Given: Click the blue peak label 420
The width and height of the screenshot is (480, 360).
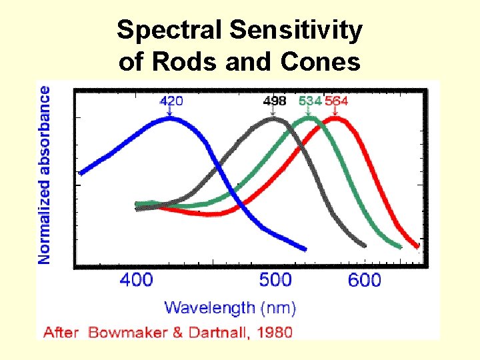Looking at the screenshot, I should pyautogui.click(x=171, y=101).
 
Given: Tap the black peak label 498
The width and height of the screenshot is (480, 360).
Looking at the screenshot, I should pyautogui.click(x=275, y=101).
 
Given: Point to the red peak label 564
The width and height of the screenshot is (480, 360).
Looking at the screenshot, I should pyautogui.click(x=336, y=101).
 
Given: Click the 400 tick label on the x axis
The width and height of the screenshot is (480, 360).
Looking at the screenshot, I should pyautogui.click(x=137, y=279).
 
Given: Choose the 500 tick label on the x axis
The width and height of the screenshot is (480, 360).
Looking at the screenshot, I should pyautogui.click(x=275, y=279).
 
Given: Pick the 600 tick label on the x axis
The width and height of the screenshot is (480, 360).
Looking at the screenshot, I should pyautogui.click(x=365, y=279).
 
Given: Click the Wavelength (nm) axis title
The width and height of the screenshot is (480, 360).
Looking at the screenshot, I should pyautogui.click(x=230, y=307).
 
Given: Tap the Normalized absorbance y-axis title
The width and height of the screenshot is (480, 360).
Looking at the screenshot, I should pyautogui.click(x=45, y=174).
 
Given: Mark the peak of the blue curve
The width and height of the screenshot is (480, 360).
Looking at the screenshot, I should pyautogui.click(x=170, y=119).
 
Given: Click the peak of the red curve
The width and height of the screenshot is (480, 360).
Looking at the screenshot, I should pyautogui.click(x=335, y=120).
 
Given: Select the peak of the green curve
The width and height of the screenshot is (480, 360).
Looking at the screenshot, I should pyautogui.click(x=309, y=120).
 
